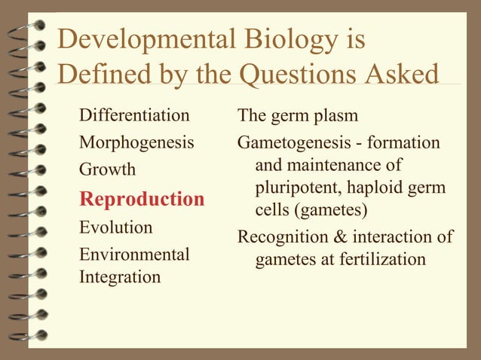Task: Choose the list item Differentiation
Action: (134, 116)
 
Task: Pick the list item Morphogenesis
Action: (136, 142)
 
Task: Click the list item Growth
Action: (108, 169)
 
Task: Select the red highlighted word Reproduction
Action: (142, 200)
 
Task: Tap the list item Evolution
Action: (116, 227)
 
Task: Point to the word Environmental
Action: (134, 255)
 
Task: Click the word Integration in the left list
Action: (120, 277)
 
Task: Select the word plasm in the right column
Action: (336, 116)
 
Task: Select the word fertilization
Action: (383, 260)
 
